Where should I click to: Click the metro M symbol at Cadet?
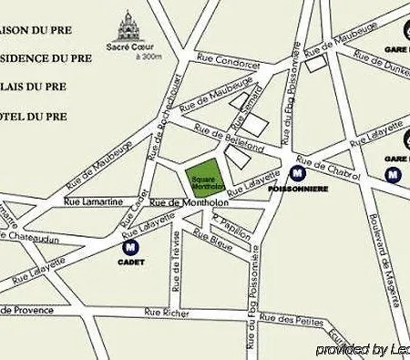pyautogui.click(x=129, y=246)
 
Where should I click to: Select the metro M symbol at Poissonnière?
pyautogui.click(x=297, y=170)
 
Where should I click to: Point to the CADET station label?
pyautogui.click(x=129, y=262)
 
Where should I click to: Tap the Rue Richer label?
pyautogui.click(x=166, y=313)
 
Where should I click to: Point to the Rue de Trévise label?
pyautogui.click(x=175, y=259)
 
